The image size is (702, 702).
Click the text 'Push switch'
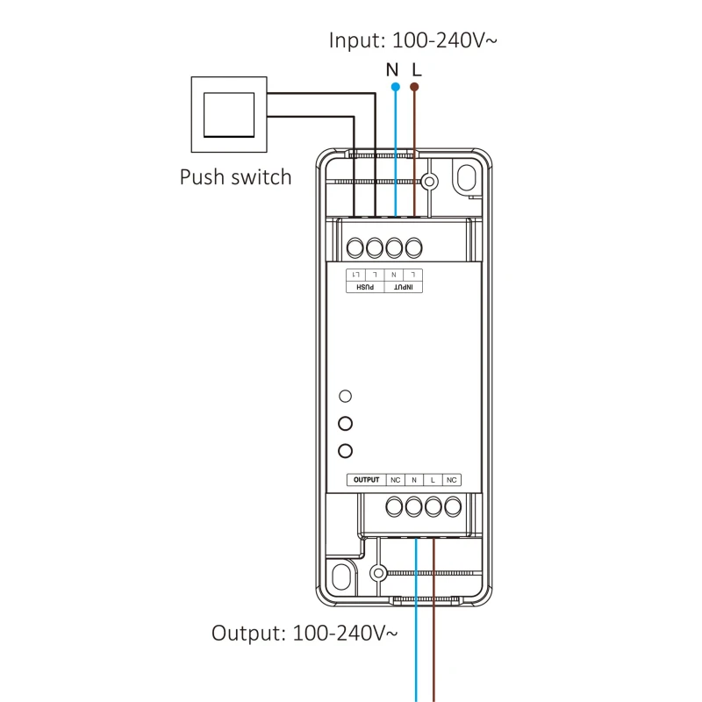[235, 176]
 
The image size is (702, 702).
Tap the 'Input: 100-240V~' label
[414, 39]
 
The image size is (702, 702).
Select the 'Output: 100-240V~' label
[304, 632]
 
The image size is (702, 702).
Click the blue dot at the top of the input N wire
[395, 88]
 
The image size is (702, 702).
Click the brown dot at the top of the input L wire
[416, 88]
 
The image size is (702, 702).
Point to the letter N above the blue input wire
[393, 68]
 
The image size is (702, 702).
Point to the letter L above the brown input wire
[417, 68]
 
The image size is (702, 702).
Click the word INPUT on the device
[404, 287]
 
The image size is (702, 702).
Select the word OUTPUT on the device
[365, 480]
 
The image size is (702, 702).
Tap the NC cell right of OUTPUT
[396, 480]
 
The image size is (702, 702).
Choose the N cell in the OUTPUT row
[414, 480]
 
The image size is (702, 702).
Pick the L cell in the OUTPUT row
[433, 480]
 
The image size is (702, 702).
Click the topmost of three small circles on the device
[346, 396]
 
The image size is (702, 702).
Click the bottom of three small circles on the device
[346, 451]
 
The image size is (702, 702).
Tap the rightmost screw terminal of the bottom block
[453, 506]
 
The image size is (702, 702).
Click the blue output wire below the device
[415, 632]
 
